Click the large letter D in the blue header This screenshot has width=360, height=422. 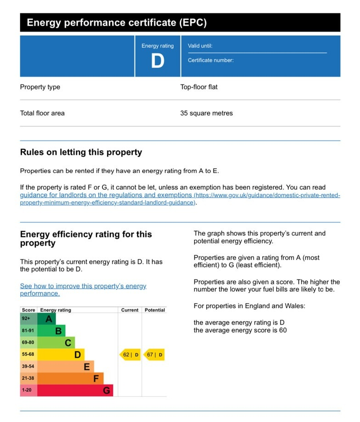tap(157, 61)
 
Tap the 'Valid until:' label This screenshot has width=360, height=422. tap(200, 46)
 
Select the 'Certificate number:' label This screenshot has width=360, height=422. tap(210, 60)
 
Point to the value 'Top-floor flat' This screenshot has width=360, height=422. tap(199, 87)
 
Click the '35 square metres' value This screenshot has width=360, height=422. tap(206, 113)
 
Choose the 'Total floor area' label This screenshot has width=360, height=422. tap(42, 113)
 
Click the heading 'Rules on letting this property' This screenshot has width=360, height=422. tap(81, 152)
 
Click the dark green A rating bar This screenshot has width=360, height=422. tap(46, 319)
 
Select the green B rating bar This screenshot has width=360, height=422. tap(51, 331)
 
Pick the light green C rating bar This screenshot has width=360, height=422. tap(56, 343)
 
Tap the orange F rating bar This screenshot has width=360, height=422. tap(70, 378)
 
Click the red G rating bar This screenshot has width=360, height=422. tap(75, 390)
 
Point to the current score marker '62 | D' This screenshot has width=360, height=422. tap(130, 355)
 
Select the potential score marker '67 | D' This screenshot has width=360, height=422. tap(154, 355)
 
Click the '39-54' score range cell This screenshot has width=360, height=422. tap(28, 366)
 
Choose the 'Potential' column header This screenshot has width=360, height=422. tap(155, 310)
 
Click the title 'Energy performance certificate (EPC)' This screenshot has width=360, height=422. tap(116, 22)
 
